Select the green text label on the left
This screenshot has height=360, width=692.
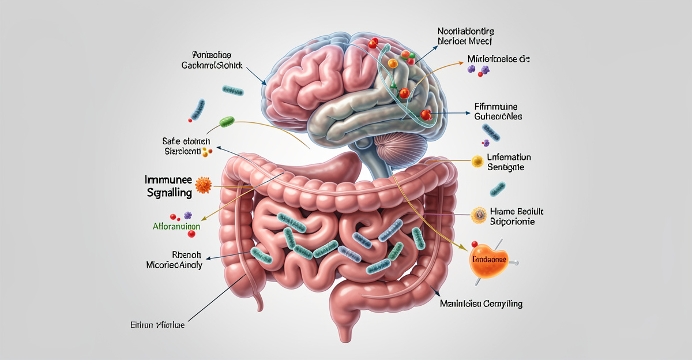point(177,227)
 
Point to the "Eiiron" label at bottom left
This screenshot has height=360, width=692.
point(157,325)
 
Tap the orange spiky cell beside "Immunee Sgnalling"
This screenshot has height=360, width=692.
point(204,185)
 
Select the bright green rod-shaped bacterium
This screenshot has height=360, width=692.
point(227,122)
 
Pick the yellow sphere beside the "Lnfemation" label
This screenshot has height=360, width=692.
point(477,162)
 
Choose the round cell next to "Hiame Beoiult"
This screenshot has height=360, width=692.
point(479,215)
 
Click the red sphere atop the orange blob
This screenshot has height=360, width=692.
point(474,245)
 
